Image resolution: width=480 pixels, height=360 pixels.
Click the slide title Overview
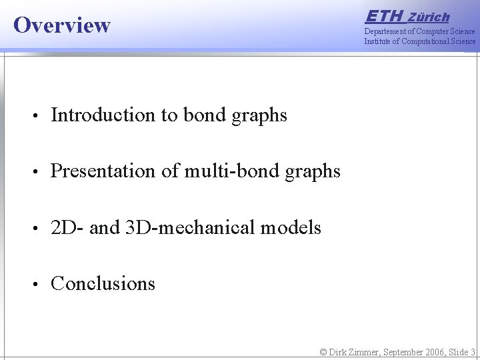coord(62,25)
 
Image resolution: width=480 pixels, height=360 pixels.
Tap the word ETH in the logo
coord(385,16)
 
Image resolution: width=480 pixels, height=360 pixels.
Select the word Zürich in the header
coord(429,17)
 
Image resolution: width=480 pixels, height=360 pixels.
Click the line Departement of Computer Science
coord(419,31)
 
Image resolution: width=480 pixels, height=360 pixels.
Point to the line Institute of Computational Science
coord(419,41)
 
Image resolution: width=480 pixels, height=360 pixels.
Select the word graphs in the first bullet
coord(259,116)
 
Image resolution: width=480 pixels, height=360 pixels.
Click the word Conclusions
coord(103,283)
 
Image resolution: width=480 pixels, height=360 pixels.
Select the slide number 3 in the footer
coord(472,352)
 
